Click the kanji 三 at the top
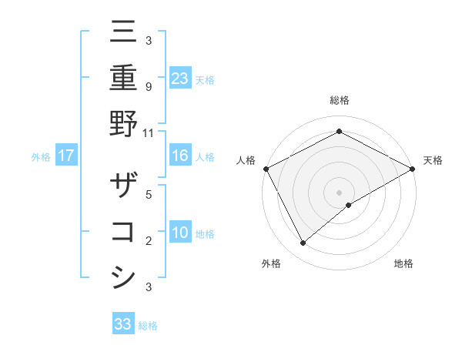[124, 34]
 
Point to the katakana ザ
[124, 187]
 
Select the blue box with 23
[180, 78]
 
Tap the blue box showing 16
[180, 156]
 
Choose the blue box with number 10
[180, 232]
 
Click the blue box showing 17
[66, 156]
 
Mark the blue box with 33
[123, 324]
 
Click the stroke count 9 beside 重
[148, 87]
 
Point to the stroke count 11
[149, 132]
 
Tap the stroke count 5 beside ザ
[148, 196]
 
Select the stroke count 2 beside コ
[148, 241]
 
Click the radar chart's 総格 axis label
[340, 100]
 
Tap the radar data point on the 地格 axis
[349, 205]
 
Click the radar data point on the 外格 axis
[303, 243]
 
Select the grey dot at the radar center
[340, 192]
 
